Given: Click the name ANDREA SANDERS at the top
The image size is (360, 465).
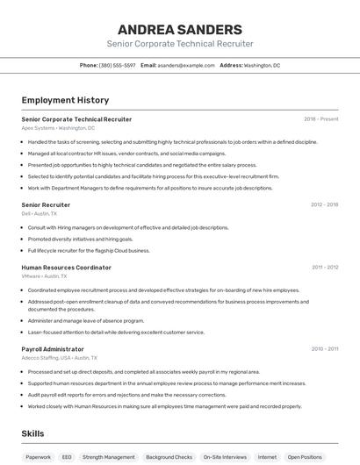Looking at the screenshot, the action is pyautogui.click(x=179, y=29).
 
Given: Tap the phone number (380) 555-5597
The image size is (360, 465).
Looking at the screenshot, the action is pyautogui.click(x=117, y=65).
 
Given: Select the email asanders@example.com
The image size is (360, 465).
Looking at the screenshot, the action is pyautogui.click(x=186, y=65).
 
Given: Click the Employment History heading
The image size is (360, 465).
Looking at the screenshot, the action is pyautogui.click(x=65, y=101).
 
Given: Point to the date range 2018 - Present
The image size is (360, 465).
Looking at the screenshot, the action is pyautogui.click(x=320, y=118).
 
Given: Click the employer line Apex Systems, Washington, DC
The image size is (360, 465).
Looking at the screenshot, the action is pyautogui.click(x=58, y=127).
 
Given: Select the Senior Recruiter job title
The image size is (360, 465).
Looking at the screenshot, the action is pyautogui.click(x=46, y=204).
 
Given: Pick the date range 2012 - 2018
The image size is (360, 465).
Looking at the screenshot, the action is pyautogui.click(x=324, y=204).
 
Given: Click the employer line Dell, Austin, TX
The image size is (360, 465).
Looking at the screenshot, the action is pyautogui.click(x=39, y=213).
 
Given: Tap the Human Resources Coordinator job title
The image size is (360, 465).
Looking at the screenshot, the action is pyautogui.click(x=66, y=267).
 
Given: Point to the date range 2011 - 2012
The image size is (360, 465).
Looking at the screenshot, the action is pyautogui.click(x=324, y=267).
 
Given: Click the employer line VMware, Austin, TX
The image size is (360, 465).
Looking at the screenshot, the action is pyautogui.click(x=44, y=275).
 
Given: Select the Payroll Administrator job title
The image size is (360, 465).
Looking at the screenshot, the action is pyautogui.click(x=53, y=348).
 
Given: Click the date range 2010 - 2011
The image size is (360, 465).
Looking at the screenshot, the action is pyautogui.click(x=324, y=348).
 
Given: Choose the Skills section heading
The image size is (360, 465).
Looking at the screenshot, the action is pyautogui.click(x=32, y=433).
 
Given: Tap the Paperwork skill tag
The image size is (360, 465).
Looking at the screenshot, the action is pyautogui.click(x=38, y=456).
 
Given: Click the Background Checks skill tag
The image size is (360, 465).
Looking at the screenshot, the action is pyautogui.click(x=169, y=456).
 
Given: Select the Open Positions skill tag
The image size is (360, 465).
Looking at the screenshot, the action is pyautogui.click(x=305, y=456).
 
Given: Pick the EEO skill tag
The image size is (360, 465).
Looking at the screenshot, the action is pyautogui.click(x=67, y=456).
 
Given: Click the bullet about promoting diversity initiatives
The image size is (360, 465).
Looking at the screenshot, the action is pyautogui.click(x=81, y=239).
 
